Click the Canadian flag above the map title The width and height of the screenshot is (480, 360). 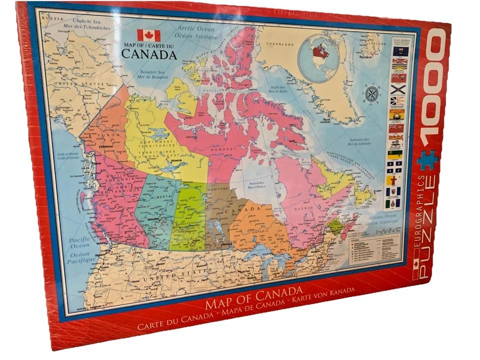[148, 35]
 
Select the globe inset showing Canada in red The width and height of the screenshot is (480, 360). [318, 52]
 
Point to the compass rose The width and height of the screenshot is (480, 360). [371, 94]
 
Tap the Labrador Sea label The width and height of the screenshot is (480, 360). [358, 141]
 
